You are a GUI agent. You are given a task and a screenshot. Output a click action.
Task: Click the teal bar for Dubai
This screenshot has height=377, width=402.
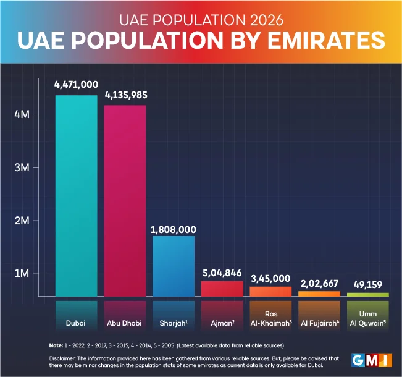coord(76,195)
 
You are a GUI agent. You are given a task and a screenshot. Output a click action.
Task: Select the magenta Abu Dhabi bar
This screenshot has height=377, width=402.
coord(125,201)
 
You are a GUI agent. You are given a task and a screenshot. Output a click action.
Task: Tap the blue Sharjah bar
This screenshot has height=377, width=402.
coord(174,266)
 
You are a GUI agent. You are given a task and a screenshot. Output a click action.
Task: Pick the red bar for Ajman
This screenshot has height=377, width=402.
coord(222,289)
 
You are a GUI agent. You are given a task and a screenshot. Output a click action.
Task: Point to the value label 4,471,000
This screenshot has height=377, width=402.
coord(76,85)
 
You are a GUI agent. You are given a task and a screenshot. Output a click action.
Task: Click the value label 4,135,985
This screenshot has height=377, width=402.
coord(125,96)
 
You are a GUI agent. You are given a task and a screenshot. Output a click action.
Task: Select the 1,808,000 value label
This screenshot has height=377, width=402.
coord(174,227)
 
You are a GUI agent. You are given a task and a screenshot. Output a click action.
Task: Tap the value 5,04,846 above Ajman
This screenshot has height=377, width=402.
coord(222,273)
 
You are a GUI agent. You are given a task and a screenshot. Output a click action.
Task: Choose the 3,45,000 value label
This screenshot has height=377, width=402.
coord(270,279)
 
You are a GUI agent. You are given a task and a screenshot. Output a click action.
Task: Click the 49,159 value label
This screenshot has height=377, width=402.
coord(367,285)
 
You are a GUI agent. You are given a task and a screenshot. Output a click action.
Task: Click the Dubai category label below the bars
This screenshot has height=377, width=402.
coord(76,323)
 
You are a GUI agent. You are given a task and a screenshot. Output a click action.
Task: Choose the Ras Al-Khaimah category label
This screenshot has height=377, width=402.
coord(270,318)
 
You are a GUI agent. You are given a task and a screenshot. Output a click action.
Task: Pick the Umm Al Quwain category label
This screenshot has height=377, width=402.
coord(367,318)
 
